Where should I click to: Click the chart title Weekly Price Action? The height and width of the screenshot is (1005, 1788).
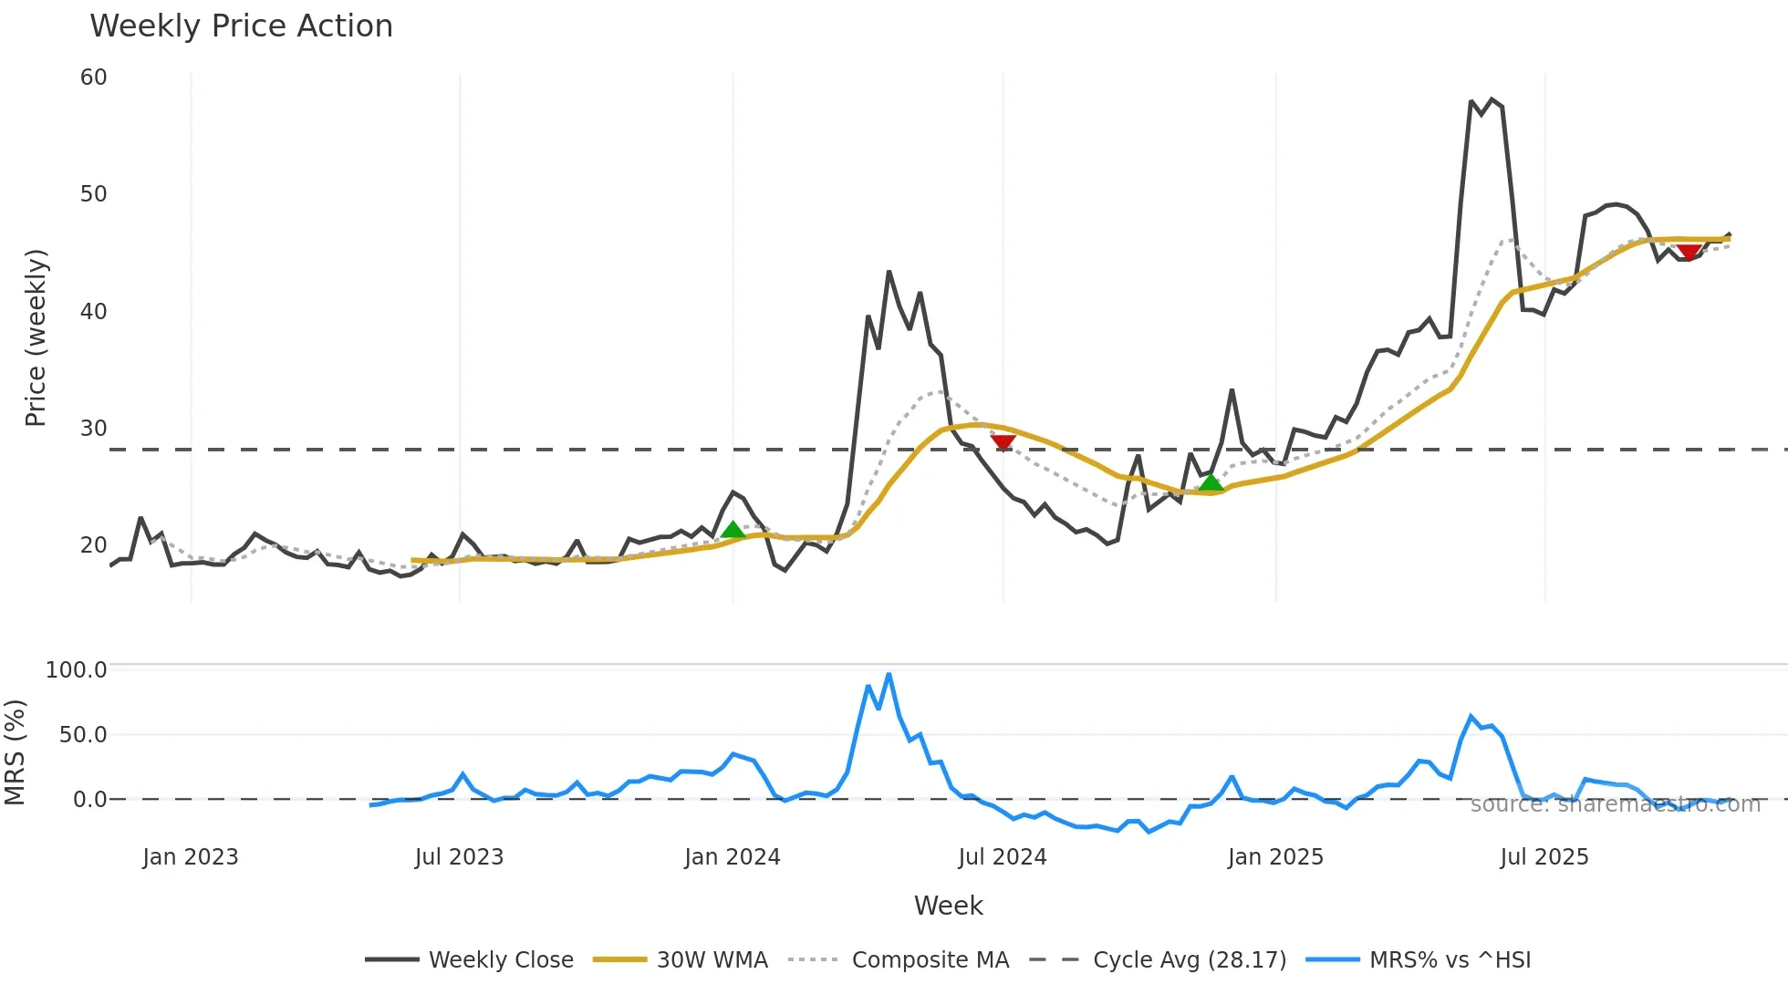tap(241, 26)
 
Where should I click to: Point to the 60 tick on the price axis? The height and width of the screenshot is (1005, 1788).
tap(93, 78)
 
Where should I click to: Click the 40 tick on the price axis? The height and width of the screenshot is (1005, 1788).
tap(93, 312)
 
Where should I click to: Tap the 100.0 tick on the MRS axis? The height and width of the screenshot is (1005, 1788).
tap(77, 670)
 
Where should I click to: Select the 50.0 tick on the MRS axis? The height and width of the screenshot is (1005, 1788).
tap(83, 735)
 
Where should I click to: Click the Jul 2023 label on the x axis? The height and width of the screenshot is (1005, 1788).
tap(459, 857)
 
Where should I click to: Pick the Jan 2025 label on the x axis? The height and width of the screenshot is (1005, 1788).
tap(1275, 857)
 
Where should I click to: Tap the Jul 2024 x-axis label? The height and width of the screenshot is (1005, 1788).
tap(1002, 857)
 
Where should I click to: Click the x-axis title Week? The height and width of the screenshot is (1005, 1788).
tap(948, 906)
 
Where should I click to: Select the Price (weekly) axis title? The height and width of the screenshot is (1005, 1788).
tap(36, 337)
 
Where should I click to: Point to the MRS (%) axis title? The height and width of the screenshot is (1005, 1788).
tap(15, 752)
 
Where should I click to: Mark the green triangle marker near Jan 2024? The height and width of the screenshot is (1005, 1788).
tap(733, 530)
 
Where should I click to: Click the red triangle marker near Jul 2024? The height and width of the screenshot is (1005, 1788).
tap(1003, 442)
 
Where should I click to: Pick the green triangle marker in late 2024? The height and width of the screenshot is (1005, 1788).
tap(1210, 482)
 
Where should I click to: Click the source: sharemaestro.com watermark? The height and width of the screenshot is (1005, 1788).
tap(1615, 804)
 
